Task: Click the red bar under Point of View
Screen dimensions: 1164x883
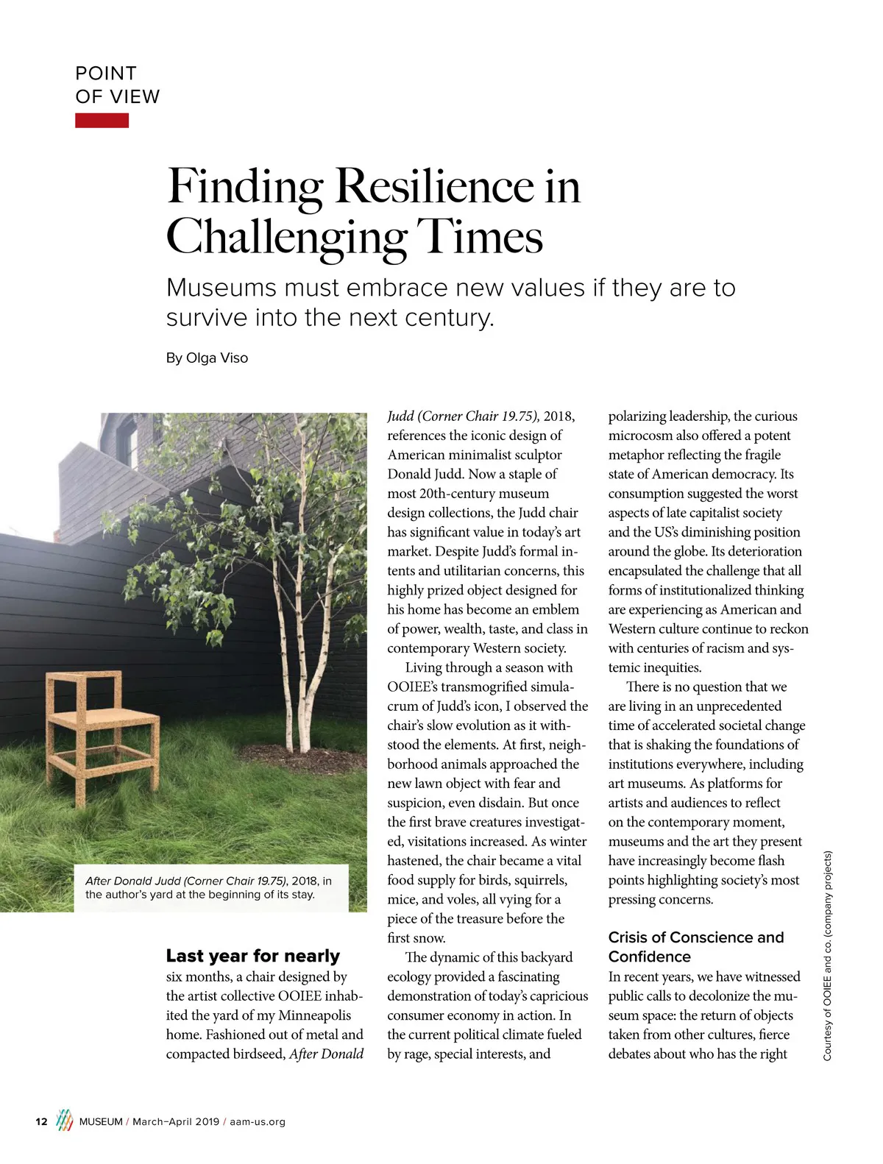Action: (x=102, y=121)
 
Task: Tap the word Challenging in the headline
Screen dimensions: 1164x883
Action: (x=286, y=237)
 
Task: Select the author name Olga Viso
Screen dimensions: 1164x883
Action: (x=217, y=358)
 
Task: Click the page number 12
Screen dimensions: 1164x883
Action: (x=41, y=1121)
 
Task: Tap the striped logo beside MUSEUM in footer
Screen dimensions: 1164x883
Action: (x=65, y=1120)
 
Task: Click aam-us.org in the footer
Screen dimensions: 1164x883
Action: (x=258, y=1122)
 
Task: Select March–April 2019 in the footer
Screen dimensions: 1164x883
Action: (x=176, y=1122)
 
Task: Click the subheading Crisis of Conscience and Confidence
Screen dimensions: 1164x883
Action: (x=695, y=947)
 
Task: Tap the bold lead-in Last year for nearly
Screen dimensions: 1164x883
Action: (x=252, y=956)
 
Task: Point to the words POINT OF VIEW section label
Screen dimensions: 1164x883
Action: (x=117, y=85)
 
